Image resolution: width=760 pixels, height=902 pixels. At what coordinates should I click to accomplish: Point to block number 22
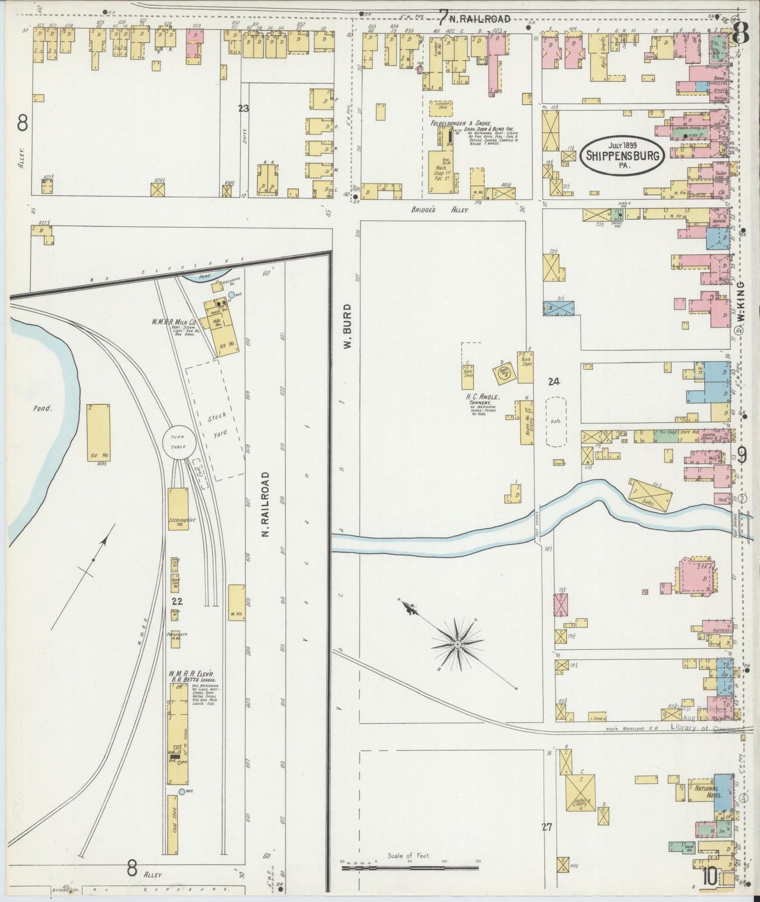click(x=177, y=602)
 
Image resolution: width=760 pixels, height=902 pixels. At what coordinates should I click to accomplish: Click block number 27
click(x=547, y=827)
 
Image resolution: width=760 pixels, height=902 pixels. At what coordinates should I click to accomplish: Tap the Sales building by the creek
click(x=651, y=495)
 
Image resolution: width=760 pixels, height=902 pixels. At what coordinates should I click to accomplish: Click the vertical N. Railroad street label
click(x=266, y=504)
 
